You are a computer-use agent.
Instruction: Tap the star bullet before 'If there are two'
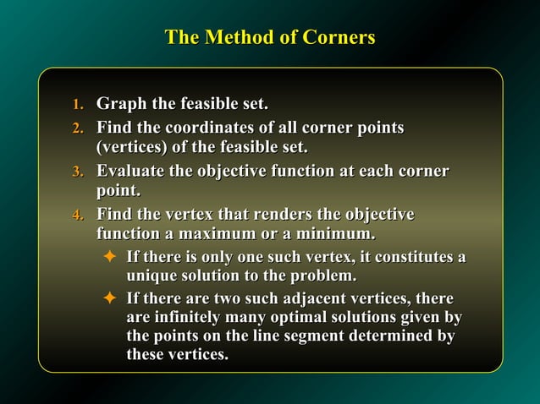108,298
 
